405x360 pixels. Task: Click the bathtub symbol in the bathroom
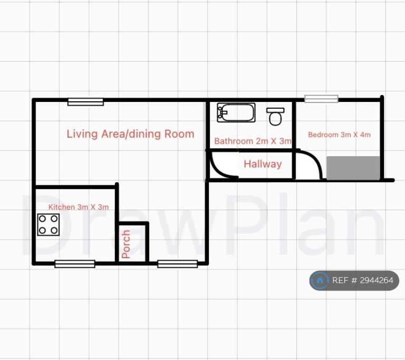(x=236, y=112)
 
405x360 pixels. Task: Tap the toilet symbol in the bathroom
(x=275, y=117)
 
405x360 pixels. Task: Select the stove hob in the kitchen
(x=49, y=225)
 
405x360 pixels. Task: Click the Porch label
(x=126, y=244)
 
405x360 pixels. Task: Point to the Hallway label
(x=263, y=164)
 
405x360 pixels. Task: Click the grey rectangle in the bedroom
(x=353, y=168)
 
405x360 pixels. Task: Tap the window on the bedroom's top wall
(x=321, y=99)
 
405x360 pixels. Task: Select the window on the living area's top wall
(x=85, y=102)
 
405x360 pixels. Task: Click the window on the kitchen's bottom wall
(x=75, y=264)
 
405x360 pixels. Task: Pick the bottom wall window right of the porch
(x=177, y=264)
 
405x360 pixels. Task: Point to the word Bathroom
(x=234, y=141)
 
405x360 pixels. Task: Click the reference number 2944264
(x=377, y=280)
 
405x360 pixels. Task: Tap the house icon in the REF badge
(x=320, y=280)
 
